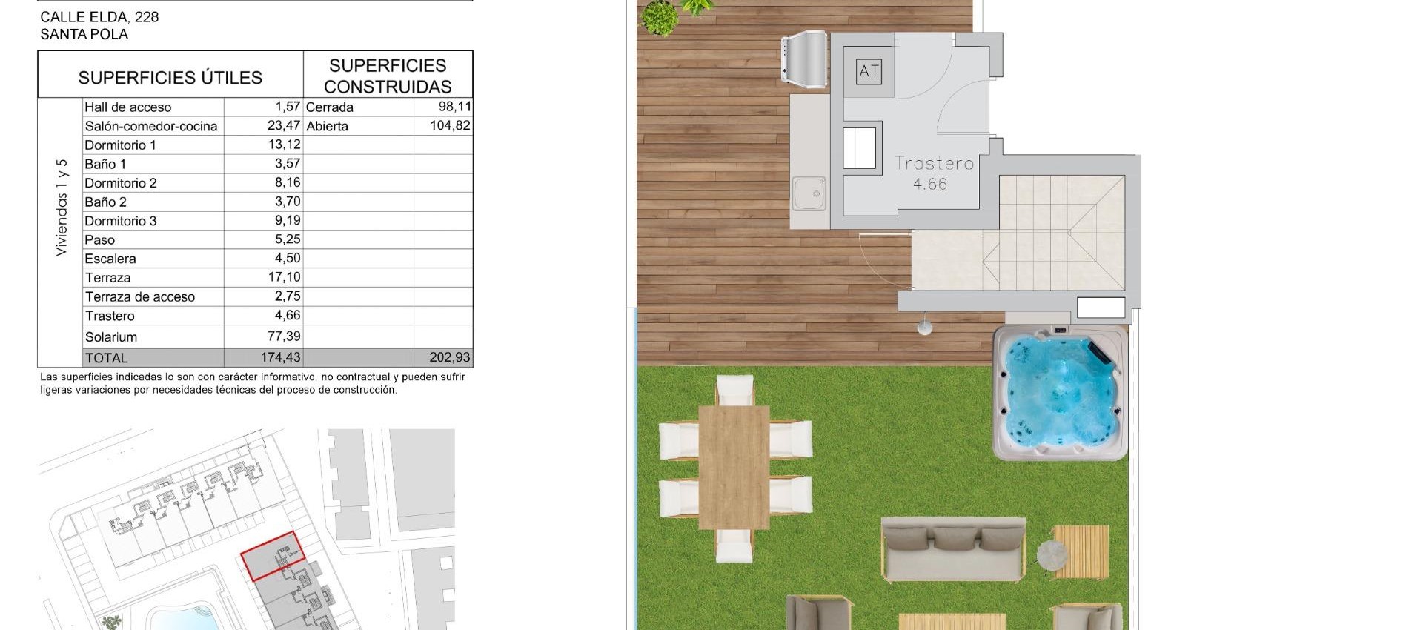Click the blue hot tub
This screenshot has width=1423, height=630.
(x=1060, y=394)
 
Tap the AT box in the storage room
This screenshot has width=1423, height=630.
(x=869, y=71)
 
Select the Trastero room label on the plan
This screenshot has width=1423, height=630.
(x=933, y=164)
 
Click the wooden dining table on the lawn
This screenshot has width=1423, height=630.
(x=733, y=466)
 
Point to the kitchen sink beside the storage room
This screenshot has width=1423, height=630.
(x=809, y=193)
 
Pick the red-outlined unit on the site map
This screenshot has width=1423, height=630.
(x=272, y=555)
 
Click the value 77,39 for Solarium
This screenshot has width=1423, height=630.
(x=284, y=336)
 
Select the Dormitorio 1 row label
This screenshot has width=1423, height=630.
(x=120, y=145)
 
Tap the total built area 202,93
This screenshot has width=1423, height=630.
(x=449, y=357)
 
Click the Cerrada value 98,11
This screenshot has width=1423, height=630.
(x=454, y=107)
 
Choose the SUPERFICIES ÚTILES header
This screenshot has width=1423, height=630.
(x=170, y=78)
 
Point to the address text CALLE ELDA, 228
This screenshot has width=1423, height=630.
(x=99, y=17)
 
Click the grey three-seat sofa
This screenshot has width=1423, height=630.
(x=953, y=549)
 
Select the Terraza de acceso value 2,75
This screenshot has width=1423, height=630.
(x=288, y=296)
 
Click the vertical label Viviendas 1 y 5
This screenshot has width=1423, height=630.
(x=62, y=208)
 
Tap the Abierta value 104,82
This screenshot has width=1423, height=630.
(x=450, y=126)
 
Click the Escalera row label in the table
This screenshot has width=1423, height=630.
(x=110, y=259)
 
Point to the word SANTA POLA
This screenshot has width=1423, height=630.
(x=84, y=34)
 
